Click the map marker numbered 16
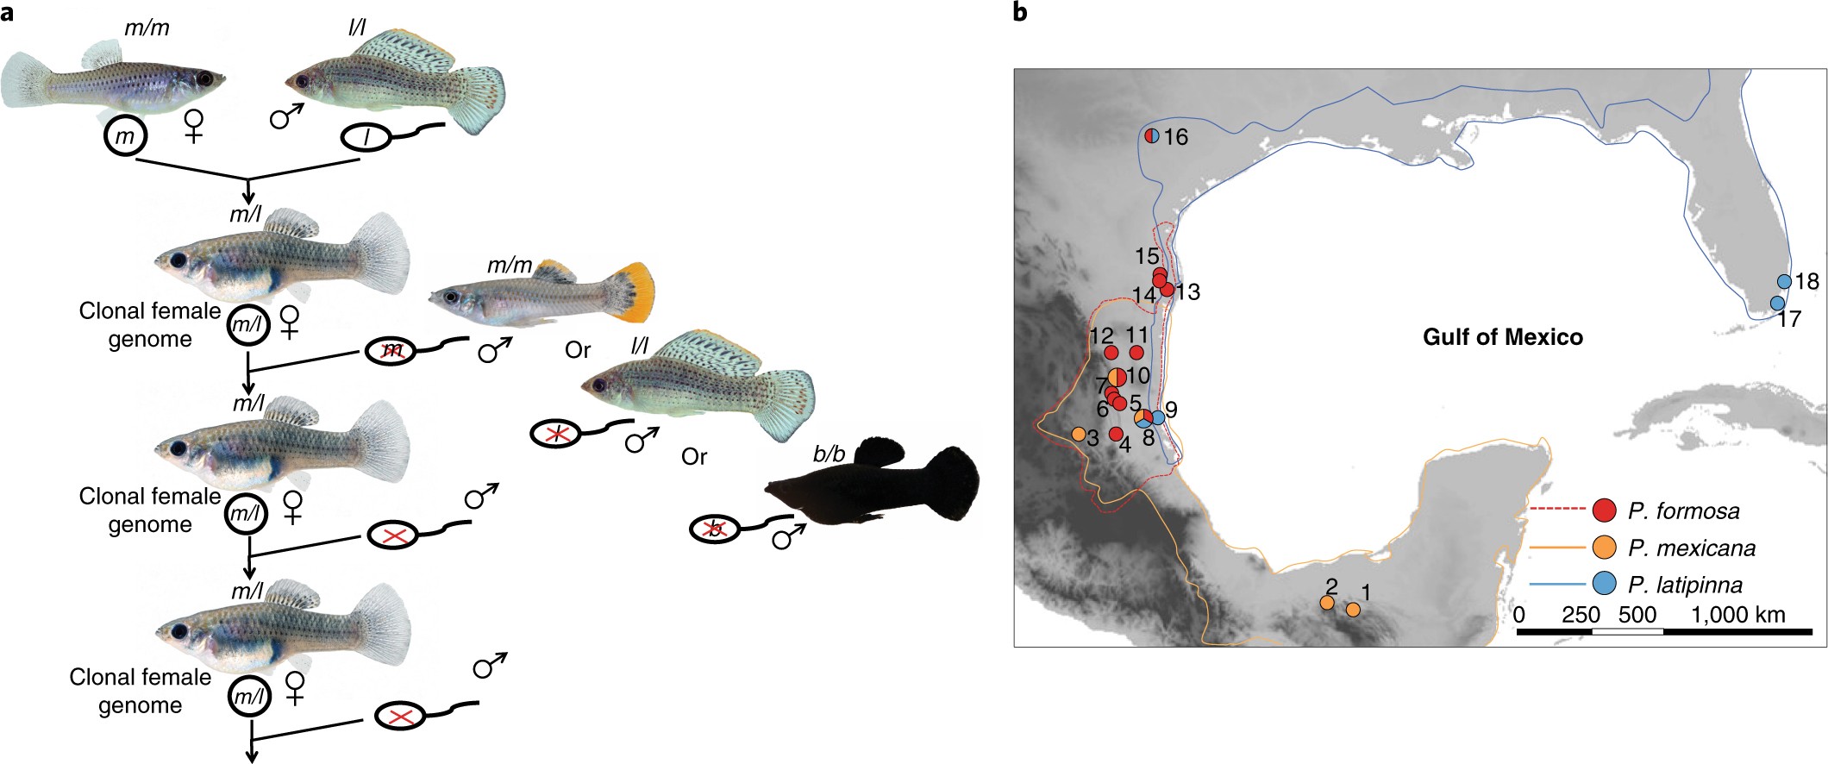coord(1151,135)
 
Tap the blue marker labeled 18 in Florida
coord(1784,281)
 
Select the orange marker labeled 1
coord(1353,609)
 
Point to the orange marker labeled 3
coord(1078,434)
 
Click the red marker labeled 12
coord(1111,353)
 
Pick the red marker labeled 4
coord(1115,434)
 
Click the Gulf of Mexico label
coord(1502,336)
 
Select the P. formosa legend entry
coord(1683,511)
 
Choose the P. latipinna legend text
coord(1685,586)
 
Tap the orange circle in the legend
coord(1604,548)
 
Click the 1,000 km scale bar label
coord(1737,615)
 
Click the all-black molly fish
coord(871,487)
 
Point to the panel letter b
coord(1020,12)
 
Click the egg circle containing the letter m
coord(126,137)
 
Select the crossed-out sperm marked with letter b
coord(714,529)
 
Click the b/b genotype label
coord(829,454)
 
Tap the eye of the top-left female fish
coord(205,78)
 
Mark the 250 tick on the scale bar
coord(1581,615)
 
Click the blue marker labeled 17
coord(1777,303)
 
